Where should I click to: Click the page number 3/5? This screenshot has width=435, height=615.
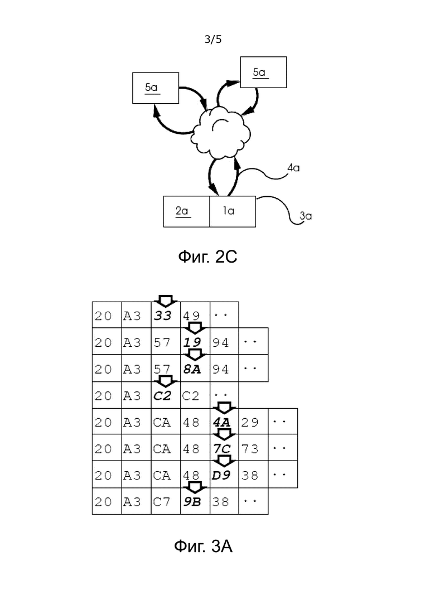[x=213, y=39]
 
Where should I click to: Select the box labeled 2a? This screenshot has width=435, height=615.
[x=186, y=211]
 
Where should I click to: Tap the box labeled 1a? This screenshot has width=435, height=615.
[x=233, y=211]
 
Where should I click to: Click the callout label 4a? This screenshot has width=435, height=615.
[x=293, y=168]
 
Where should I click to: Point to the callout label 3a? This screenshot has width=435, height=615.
[x=306, y=216]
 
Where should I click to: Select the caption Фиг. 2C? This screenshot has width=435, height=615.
[x=207, y=257]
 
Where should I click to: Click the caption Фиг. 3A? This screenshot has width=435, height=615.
[x=203, y=546]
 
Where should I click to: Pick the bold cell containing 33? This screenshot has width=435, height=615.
[x=166, y=315]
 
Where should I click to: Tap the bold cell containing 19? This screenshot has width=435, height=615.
[x=195, y=342]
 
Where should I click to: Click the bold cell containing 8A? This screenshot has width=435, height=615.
[x=195, y=369]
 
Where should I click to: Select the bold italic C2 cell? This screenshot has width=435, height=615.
[x=166, y=395]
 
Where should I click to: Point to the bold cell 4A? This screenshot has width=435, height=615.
[x=224, y=422]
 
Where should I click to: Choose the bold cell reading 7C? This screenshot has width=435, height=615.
[x=224, y=448]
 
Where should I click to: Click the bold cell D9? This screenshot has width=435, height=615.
[x=224, y=474]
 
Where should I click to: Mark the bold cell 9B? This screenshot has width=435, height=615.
[x=195, y=501]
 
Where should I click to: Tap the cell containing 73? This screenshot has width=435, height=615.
[x=253, y=448]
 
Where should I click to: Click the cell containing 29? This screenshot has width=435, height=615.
[x=253, y=422]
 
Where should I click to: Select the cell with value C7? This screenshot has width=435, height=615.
[x=166, y=501]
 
